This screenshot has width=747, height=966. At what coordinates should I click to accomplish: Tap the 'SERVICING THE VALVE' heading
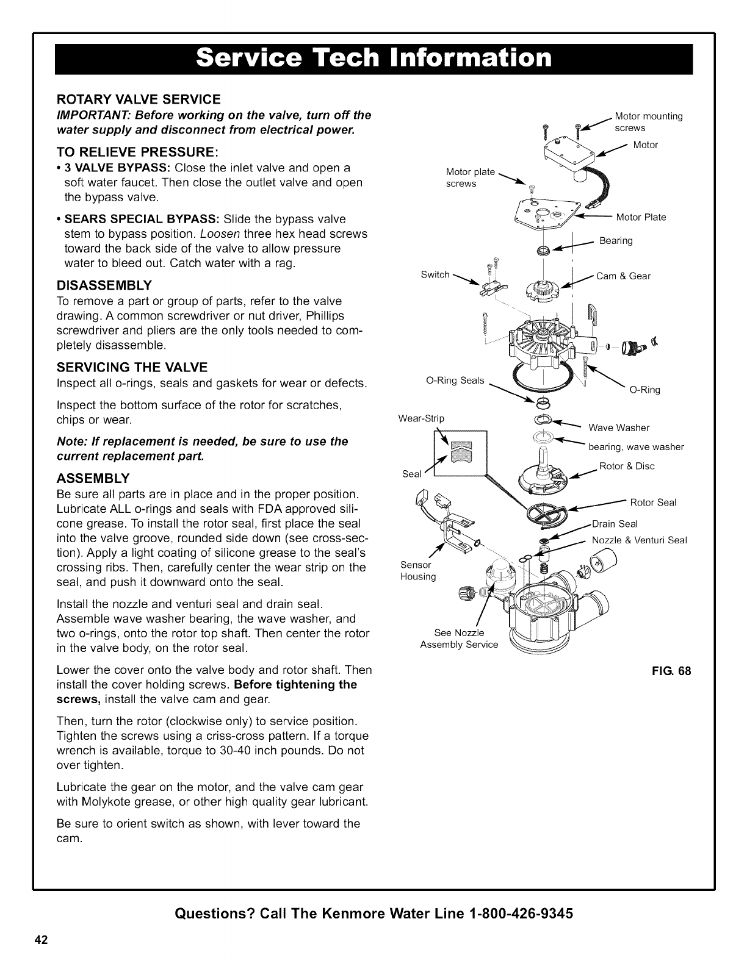(x=132, y=367)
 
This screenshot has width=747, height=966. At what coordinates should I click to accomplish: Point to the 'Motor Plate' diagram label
(x=641, y=218)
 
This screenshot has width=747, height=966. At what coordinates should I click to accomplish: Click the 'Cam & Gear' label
(x=623, y=276)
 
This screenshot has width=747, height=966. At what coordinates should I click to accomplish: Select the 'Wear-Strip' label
(x=421, y=418)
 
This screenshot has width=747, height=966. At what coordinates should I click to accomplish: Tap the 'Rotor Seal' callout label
(x=653, y=503)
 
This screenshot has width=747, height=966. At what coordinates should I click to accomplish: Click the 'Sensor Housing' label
(x=418, y=571)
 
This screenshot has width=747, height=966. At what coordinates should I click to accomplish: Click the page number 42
(x=41, y=939)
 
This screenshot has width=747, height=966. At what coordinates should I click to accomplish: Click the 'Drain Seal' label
(x=615, y=524)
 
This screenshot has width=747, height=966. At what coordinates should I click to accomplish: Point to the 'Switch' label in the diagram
(x=435, y=275)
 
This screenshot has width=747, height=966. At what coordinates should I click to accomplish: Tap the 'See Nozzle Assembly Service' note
(x=459, y=639)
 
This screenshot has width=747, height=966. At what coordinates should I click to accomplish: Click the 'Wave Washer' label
(x=619, y=428)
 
